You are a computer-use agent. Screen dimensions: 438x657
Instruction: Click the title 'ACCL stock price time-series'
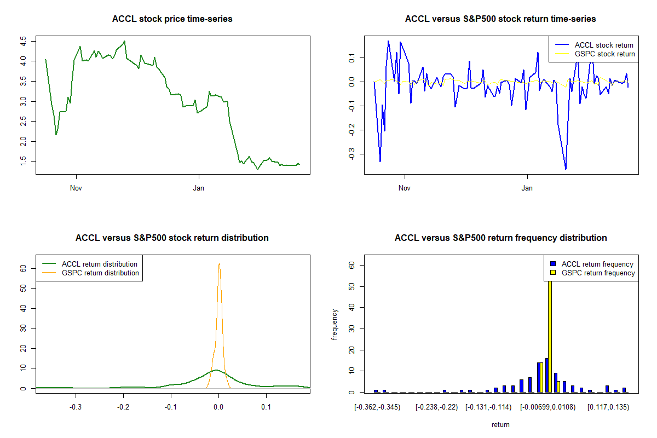(x=172, y=19)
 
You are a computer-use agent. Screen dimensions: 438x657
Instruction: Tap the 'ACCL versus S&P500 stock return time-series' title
(x=500, y=19)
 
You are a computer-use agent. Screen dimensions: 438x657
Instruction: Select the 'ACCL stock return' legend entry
(x=604, y=45)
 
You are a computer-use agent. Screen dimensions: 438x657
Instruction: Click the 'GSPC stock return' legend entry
(x=604, y=54)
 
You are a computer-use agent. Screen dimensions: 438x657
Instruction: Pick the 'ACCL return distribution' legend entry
(x=100, y=264)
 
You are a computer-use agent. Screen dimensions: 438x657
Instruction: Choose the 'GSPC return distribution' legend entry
(x=100, y=273)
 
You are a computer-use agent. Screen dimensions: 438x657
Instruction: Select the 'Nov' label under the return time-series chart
(x=405, y=188)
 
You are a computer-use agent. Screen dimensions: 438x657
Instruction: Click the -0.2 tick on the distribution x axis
(x=123, y=407)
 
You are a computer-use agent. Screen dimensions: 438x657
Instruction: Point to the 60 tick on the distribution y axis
(x=24, y=268)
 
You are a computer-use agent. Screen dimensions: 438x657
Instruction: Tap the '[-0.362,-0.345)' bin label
(x=377, y=407)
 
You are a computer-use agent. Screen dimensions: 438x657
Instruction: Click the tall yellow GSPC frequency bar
(x=550, y=328)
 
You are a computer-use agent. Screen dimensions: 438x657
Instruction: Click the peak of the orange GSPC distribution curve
(x=219, y=263)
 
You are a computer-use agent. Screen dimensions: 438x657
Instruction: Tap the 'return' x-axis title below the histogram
(x=500, y=424)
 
